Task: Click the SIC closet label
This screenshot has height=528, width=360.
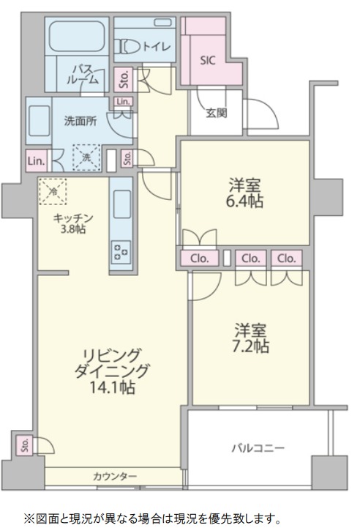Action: pos(208,60)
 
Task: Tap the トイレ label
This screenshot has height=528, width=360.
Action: pos(157,46)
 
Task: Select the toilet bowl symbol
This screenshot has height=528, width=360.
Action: pos(129,46)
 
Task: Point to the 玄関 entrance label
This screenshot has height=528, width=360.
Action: pos(217,113)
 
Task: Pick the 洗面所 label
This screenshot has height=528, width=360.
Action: pos(80,121)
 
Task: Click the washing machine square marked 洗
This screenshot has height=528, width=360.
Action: pos(87,157)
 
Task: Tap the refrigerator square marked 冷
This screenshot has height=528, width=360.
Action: pos(53,192)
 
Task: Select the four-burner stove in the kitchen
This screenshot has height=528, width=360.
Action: pos(121,252)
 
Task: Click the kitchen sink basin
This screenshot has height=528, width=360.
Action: pos(122,204)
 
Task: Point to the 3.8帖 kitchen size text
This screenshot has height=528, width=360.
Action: pos(74,229)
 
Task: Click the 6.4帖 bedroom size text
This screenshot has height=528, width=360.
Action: pos(244,201)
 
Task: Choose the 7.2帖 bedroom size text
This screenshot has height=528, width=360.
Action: pos(250,346)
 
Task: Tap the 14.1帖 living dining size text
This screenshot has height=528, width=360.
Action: pos(112,387)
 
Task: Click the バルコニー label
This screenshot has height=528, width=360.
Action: pos(258,448)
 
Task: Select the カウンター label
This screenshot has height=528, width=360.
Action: pos(115,476)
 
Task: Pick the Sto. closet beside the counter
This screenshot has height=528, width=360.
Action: pos(25,445)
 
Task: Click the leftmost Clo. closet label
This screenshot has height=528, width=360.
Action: pos(200,259)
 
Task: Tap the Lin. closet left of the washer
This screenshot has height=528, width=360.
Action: pos(37,161)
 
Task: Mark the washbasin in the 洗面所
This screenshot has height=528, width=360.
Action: pos(40,121)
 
